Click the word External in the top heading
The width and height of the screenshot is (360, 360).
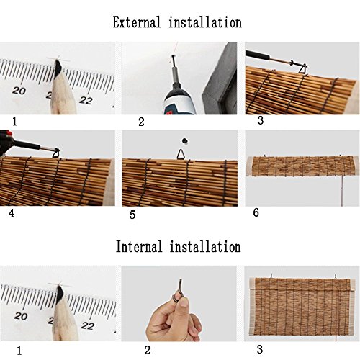click(138, 22)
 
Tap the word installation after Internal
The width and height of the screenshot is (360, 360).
click(205, 247)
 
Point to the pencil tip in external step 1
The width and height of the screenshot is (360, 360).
click(56, 67)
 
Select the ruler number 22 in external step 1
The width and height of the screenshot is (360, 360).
click(86, 100)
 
